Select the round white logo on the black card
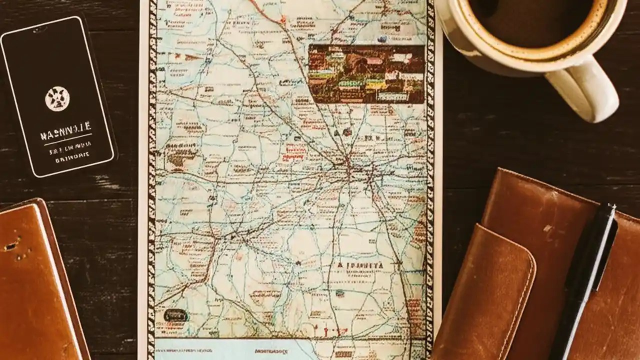click(x=57, y=98)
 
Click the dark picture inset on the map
click(x=366, y=73)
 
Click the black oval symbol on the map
click(x=175, y=315)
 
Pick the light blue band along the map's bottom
click(x=225, y=349)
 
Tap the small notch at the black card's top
click(x=35, y=29)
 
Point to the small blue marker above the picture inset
click(x=382, y=38)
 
